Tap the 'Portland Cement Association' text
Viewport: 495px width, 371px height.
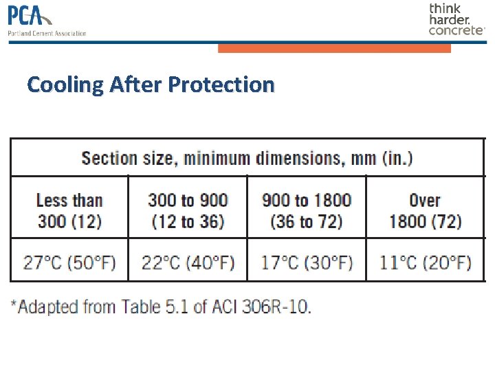coord(47,33)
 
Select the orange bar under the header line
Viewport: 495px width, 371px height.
coord(334,48)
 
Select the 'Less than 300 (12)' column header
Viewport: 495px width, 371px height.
coord(69,211)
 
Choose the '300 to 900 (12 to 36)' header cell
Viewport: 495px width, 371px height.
coord(188,211)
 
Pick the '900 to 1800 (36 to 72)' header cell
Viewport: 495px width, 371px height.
coord(307,211)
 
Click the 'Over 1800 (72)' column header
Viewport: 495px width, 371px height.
coord(425,211)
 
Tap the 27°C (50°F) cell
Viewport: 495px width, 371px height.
coord(69,262)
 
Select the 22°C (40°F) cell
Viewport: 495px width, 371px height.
coord(188,262)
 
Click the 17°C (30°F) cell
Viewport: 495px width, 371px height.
coord(307,262)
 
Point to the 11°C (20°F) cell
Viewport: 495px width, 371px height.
coord(425,262)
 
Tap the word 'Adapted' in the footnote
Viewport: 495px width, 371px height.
coord(47,306)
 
